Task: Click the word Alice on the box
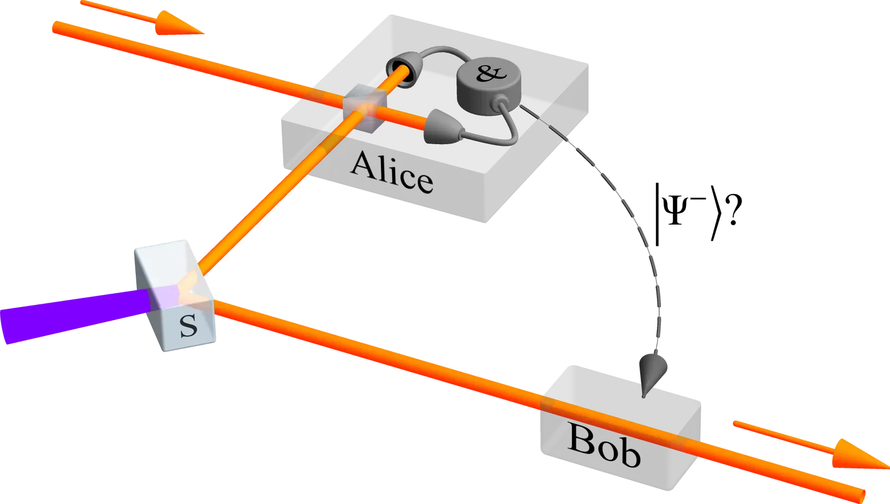click(392, 171)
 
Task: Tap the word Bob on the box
click(604, 448)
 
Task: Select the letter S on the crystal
click(189, 326)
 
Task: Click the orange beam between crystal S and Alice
click(261, 211)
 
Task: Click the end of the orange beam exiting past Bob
click(859, 493)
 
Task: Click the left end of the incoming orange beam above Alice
click(56, 26)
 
